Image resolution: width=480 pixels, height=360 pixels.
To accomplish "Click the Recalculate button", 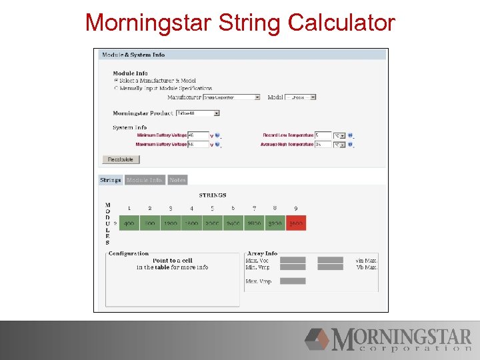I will point(121,159).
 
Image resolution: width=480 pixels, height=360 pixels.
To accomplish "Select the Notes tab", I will point(177,180).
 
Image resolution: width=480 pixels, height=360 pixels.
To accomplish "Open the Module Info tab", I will point(145,180).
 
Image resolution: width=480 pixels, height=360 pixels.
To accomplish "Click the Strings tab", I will point(111,180).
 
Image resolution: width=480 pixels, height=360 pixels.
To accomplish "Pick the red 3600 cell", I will point(295,224).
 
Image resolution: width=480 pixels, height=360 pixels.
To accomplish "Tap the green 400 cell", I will point(129,224).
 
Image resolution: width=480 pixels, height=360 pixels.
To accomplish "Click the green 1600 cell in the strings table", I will point(191,224).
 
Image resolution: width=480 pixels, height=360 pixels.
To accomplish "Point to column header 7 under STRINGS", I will point(254,209).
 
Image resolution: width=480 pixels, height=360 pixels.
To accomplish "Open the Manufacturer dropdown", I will point(231,97).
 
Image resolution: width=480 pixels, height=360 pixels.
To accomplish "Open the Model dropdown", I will point(300,97).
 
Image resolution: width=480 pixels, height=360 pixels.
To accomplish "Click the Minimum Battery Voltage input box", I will point(198,135).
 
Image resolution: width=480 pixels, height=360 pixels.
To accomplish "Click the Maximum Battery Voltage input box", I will point(198,144).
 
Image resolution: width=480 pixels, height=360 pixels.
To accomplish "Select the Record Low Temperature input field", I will point(323,135).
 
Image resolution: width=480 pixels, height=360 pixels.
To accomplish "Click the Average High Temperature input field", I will point(323,144).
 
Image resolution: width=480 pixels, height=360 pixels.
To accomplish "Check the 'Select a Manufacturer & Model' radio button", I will point(117,81).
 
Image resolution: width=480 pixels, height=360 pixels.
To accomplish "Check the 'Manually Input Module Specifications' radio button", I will point(117,88).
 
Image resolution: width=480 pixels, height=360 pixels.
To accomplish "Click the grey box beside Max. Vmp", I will point(293,281).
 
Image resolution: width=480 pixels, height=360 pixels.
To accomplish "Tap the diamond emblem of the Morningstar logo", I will point(319,339).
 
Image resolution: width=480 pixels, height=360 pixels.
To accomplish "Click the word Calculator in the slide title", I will point(341,23).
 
